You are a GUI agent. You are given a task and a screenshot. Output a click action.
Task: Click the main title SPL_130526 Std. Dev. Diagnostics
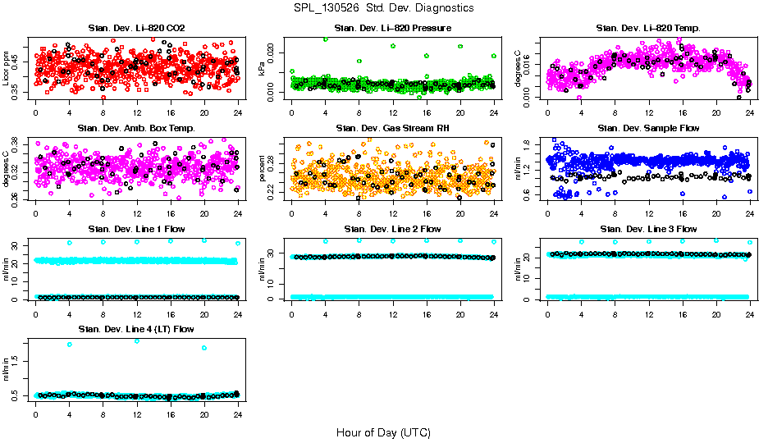(x=383, y=8)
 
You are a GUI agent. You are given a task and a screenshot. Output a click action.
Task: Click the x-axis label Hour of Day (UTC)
(x=383, y=432)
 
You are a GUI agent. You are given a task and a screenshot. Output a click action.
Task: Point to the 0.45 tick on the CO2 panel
(x=20, y=61)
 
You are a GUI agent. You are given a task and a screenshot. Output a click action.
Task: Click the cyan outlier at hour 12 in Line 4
(x=137, y=340)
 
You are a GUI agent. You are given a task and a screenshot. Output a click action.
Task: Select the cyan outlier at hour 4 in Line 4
(x=70, y=345)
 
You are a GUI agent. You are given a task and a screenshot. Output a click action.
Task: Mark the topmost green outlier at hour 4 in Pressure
(x=326, y=39)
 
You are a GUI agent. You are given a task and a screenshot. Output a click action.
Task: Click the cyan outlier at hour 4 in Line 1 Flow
(x=70, y=242)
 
